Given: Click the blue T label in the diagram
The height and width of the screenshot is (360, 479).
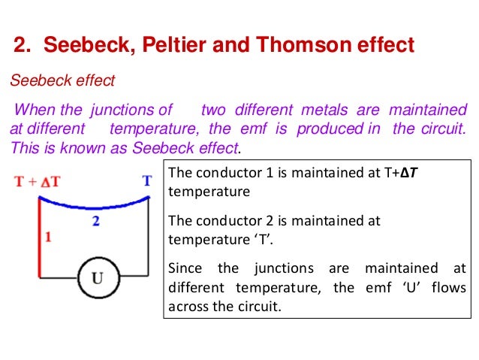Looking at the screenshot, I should pos(147,181).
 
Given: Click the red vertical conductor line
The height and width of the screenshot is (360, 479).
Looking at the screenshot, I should pos(40,233).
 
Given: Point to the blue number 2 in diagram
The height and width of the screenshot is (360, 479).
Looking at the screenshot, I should pos(95,221).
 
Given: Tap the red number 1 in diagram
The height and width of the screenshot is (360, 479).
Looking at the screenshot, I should pos(48,237).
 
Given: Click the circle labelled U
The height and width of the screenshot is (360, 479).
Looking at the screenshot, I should pos(98,278).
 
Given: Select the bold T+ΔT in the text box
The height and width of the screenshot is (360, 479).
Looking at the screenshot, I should pos(405,174).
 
